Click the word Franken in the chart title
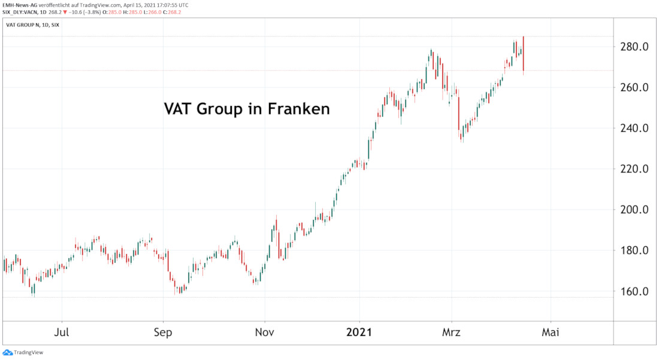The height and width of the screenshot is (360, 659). [x=299, y=110]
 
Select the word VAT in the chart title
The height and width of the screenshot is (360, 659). [x=179, y=110]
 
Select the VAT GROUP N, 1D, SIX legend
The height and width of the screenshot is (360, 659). [x=33, y=26]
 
